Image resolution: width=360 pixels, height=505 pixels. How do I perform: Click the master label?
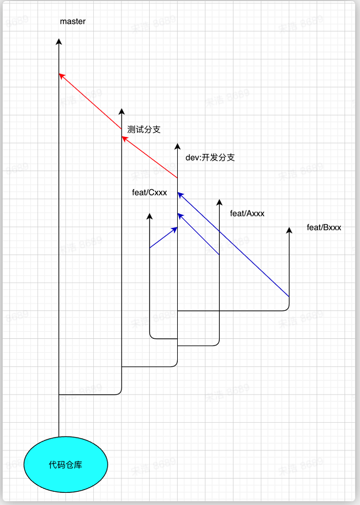73,22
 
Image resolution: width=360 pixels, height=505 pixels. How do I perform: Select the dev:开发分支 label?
210,157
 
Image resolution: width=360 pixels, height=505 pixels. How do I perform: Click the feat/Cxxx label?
149,193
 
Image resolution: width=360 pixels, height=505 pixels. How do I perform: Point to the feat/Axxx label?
247,213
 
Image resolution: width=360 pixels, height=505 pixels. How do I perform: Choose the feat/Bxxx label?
324,227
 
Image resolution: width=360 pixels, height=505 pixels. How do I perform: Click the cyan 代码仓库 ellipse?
66,465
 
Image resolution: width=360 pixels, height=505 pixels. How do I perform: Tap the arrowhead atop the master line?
59,41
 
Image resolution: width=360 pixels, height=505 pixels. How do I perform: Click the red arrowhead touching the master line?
61,76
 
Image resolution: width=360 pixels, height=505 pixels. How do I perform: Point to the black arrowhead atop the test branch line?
121,111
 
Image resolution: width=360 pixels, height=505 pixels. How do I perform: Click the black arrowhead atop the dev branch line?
177,146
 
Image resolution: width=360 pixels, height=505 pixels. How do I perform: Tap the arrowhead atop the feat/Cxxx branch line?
150,216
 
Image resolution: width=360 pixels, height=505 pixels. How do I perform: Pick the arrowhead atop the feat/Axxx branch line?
219,202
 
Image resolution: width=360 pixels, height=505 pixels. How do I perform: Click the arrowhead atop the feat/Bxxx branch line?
289,230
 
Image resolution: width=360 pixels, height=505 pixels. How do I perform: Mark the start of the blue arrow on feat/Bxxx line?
289,296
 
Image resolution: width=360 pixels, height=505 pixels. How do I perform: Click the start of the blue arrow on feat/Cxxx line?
150,248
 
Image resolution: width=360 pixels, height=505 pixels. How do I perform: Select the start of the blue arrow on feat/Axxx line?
219,254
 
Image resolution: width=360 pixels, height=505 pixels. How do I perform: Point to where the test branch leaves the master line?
59,395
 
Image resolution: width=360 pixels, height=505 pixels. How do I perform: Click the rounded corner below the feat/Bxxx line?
287,309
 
